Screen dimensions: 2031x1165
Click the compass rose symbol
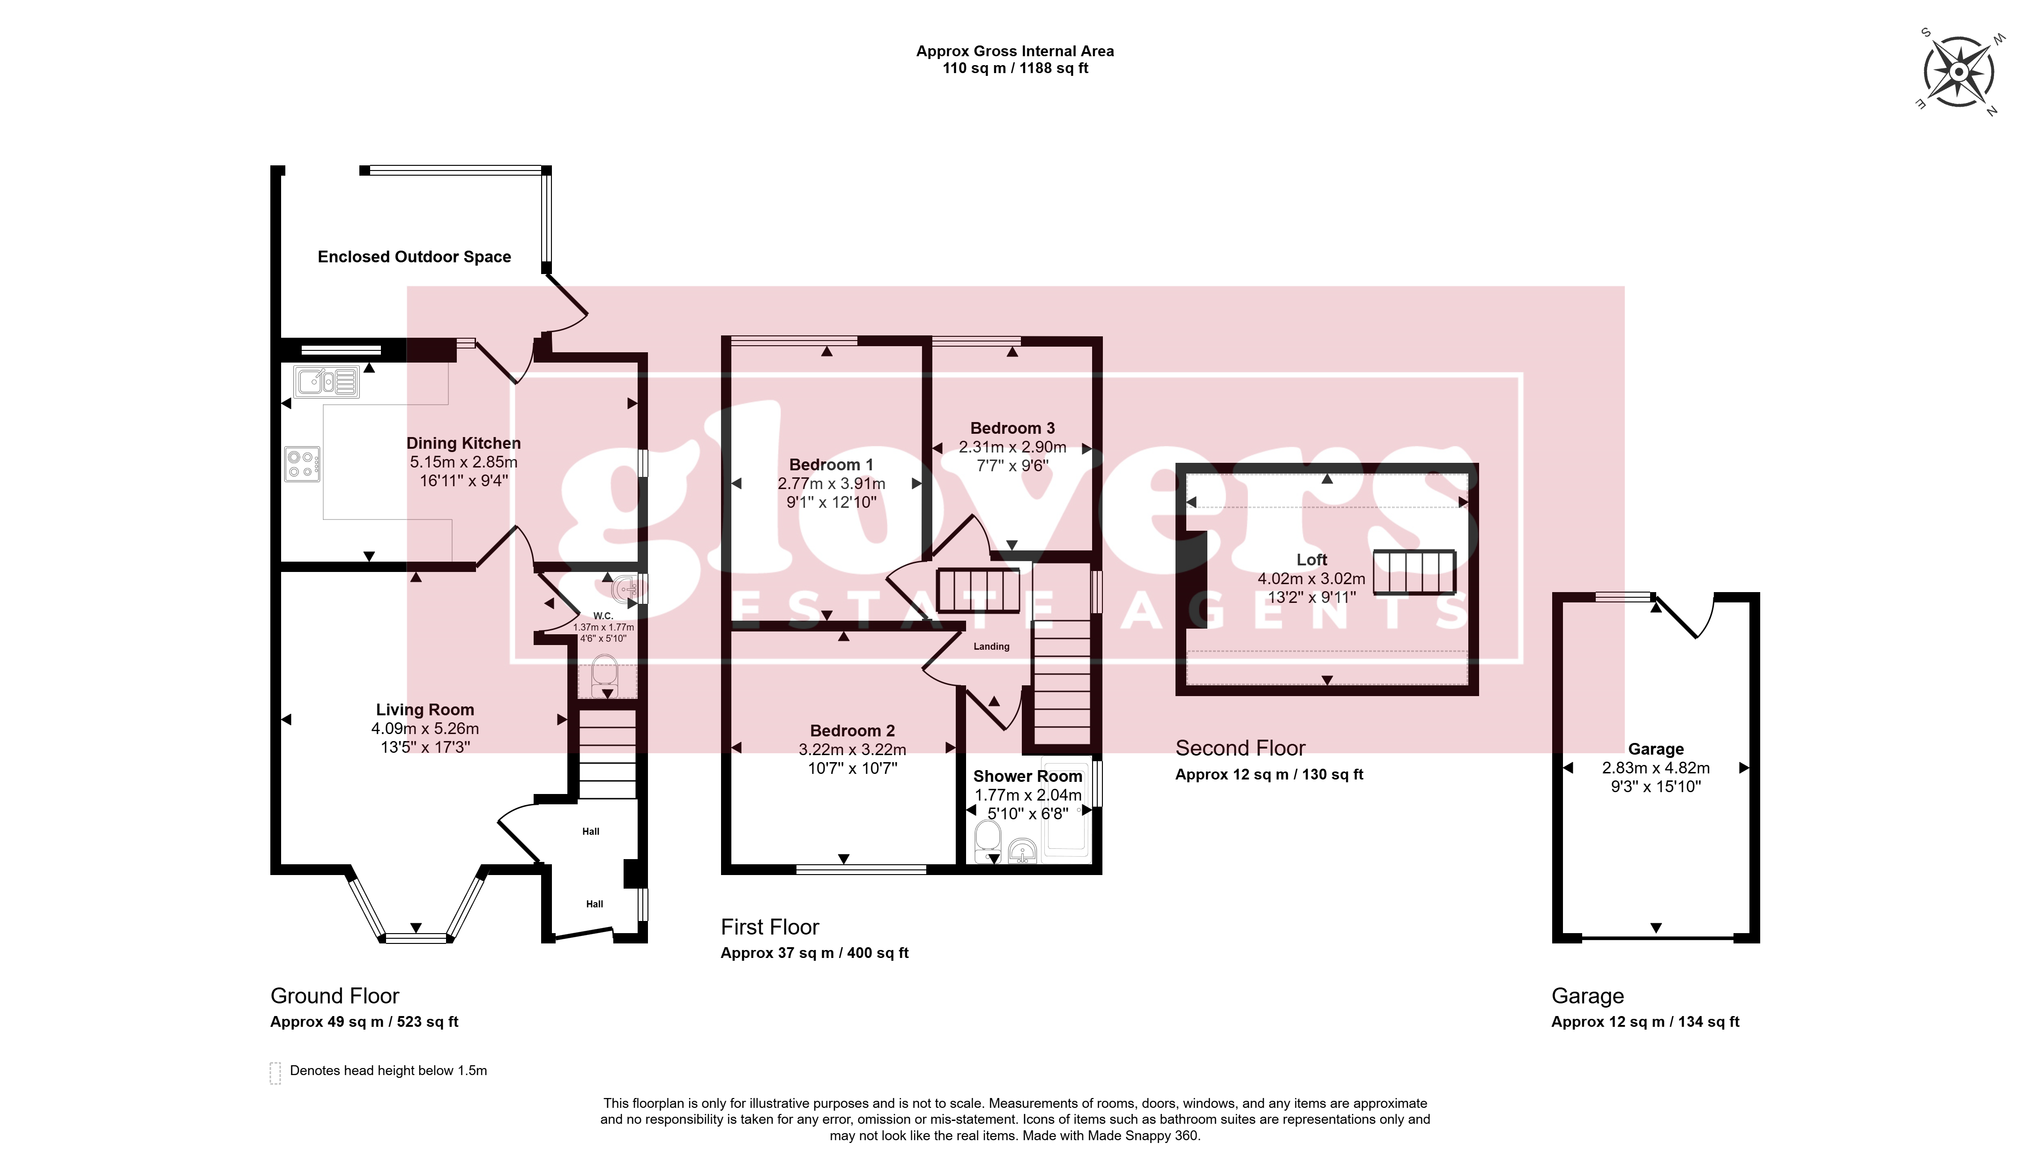[x=1958, y=72]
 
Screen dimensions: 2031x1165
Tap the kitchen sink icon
[x=327, y=382]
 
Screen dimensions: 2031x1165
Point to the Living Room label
[x=425, y=710]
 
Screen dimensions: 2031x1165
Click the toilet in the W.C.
[x=605, y=676]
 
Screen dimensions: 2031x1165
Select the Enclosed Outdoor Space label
[x=415, y=257]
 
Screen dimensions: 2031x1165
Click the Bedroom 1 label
[x=832, y=465]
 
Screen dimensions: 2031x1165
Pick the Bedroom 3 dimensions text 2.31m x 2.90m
[x=1012, y=447]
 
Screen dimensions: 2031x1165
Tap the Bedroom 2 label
[x=852, y=730]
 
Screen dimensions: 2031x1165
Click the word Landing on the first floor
[x=991, y=646]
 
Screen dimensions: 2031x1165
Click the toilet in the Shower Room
[x=988, y=841]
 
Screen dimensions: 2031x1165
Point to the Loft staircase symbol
[x=1414, y=572]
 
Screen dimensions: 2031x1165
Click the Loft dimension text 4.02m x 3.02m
[x=1311, y=579]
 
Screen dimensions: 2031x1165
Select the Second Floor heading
[x=1240, y=748]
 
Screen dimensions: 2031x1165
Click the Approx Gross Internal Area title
[x=1015, y=51]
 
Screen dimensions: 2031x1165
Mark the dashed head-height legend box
[x=275, y=1073]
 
